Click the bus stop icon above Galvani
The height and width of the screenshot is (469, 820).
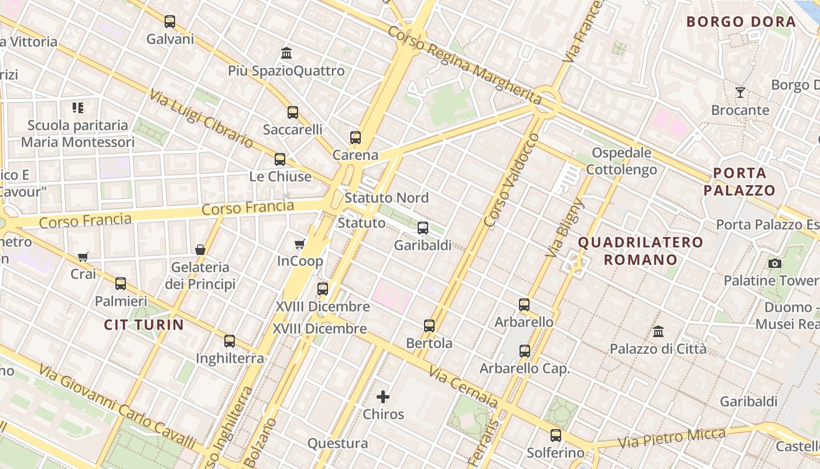(170, 22)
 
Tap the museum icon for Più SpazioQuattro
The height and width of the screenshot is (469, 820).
(286, 53)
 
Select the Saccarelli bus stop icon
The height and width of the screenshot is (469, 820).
(293, 113)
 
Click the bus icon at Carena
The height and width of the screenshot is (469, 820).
(356, 138)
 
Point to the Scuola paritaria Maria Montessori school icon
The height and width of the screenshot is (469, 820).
(78, 108)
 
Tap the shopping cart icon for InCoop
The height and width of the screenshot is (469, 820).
(300, 244)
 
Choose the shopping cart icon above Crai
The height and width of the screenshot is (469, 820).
(83, 257)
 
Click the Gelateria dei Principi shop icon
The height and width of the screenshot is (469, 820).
(200, 250)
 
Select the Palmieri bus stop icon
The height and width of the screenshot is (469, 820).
(121, 284)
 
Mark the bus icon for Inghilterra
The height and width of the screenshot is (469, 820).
(230, 341)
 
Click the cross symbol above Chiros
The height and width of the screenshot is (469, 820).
(383, 397)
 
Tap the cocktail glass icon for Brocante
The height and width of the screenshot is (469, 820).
(740, 93)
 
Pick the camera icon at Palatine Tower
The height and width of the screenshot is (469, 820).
(775, 264)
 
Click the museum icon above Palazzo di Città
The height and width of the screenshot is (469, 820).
(658, 331)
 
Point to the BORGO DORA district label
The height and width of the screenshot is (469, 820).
(741, 22)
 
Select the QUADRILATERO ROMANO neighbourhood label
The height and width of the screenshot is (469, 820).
(640, 250)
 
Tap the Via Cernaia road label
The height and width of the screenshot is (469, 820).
(463, 387)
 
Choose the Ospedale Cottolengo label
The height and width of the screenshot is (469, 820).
(621, 161)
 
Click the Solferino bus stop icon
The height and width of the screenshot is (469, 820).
(556, 436)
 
